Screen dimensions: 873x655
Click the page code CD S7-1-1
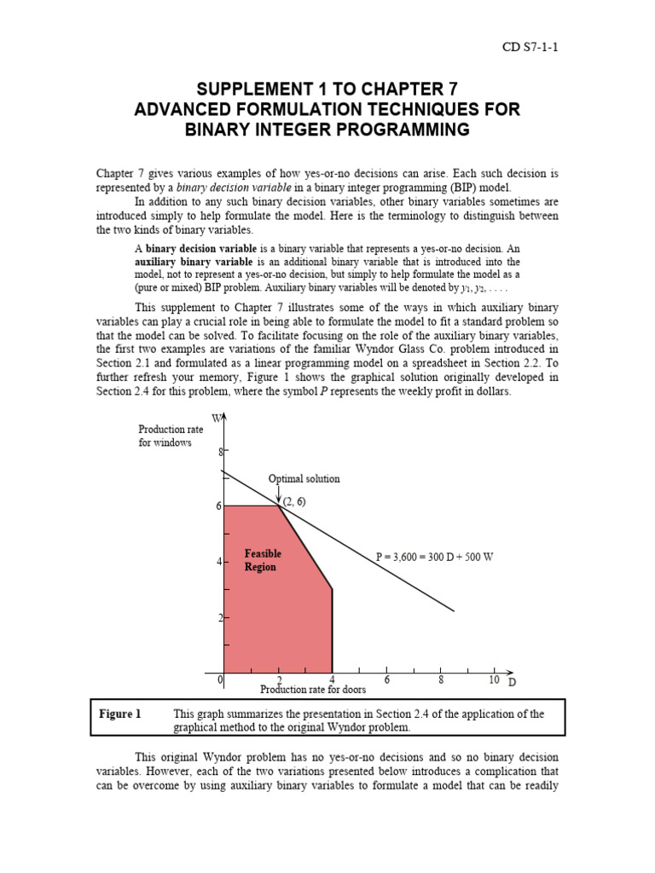[530, 47]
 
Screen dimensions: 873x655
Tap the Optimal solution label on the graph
[304, 478]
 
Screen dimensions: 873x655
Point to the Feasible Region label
[262, 560]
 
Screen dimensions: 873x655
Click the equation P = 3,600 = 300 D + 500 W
[435, 557]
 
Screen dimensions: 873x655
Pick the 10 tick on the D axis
[493, 679]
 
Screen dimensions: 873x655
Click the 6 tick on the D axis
[386, 679]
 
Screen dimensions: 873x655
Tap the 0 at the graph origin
[220, 680]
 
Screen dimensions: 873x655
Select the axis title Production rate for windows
[171, 436]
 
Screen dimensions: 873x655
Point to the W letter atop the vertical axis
[217, 417]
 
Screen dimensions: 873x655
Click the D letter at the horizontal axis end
[513, 682]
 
